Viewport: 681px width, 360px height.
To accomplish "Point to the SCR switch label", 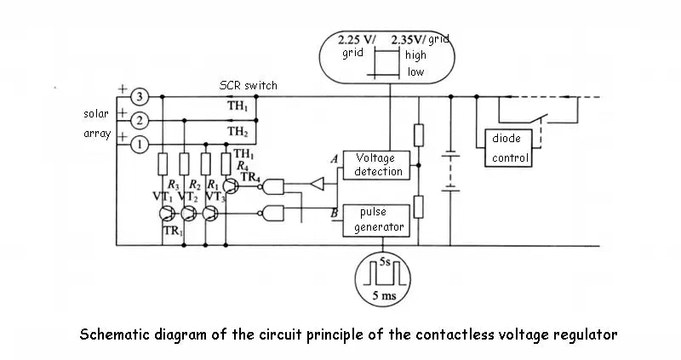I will [x=248, y=85].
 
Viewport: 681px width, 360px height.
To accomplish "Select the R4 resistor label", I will [x=243, y=165].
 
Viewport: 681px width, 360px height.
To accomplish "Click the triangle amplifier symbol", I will [x=318, y=181].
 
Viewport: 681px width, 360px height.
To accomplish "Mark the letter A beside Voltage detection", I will [x=335, y=159].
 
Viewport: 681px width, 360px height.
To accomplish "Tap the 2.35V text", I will [x=408, y=40].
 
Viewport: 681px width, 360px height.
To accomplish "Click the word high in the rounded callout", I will [x=415, y=55].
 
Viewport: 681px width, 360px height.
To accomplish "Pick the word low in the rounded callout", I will [x=415, y=72].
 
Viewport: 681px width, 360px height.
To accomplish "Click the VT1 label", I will [x=163, y=196].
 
